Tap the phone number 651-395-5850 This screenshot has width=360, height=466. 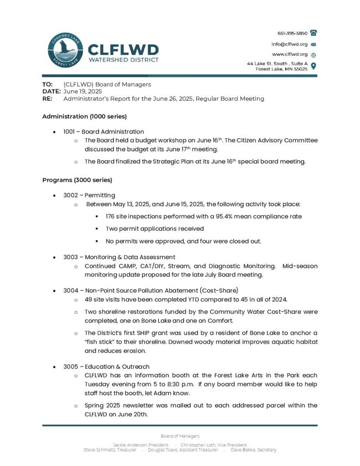point(292,33)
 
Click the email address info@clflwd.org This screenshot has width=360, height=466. point(289,44)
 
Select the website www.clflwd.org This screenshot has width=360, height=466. point(290,54)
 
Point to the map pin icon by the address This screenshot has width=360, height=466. point(313,66)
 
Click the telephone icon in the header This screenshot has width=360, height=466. point(313,33)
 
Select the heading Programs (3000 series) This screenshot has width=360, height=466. point(77,180)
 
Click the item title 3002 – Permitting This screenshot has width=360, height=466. point(89,195)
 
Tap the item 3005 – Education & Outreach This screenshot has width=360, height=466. point(106,366)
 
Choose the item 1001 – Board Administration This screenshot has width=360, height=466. point(103,132)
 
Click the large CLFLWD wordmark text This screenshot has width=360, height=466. point(123,49)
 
